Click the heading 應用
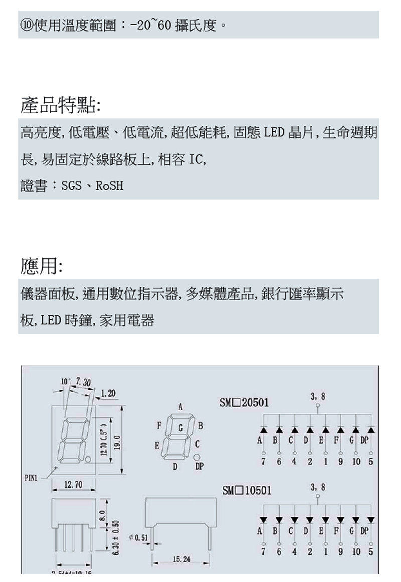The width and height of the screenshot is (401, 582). tap(41, 265)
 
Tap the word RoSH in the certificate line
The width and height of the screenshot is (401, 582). tap(109, 186)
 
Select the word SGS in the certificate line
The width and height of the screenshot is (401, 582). tap(72, 186)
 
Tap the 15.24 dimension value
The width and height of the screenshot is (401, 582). tap(180, 558)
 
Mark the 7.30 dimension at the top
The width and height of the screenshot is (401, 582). tap(81, 383)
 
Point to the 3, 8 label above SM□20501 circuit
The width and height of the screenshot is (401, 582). tap(318, 396)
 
